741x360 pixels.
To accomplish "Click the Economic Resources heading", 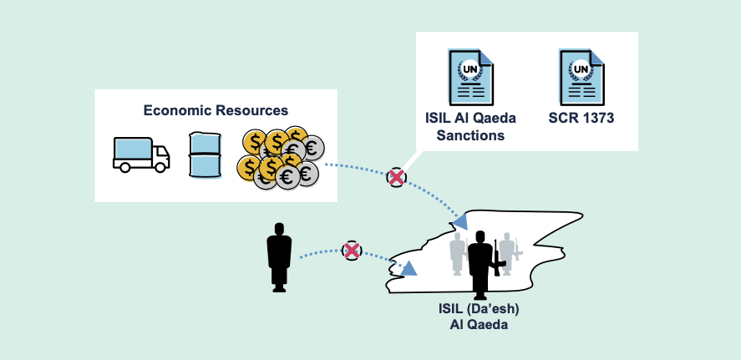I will pyautogui.click(x=216, y=110).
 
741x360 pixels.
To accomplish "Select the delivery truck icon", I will pyautogui.click(x=141, y=155).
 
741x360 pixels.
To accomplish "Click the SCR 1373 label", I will pyautogui.click(x=581, y=119).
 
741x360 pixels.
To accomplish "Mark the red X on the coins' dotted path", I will pyautogui.click(x=396, y=177).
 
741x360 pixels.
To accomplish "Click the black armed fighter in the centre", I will pyautogui.click(x=480, y=263).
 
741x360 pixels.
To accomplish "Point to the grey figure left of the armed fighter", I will pyautogui.click(x=457, y=253).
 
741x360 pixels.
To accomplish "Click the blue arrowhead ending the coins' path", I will pyautogui.click(x=460, y=221).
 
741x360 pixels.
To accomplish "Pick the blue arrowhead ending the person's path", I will pyautogui.click(x=409, y=269).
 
